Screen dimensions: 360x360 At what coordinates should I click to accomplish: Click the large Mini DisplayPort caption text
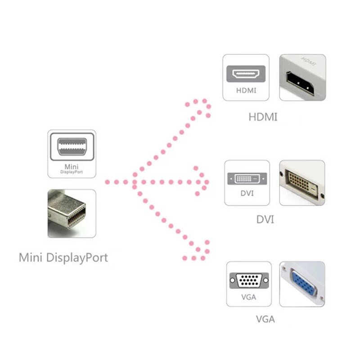pyautogui.click(x=63, y=258)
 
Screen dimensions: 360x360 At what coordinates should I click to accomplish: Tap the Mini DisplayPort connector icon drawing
pyautogui.click(x=72, y=147)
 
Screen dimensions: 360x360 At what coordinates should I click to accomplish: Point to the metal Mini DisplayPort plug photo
pyautogui.click(x=72, y=214)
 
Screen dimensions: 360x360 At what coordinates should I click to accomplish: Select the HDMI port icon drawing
pyautogui.click(x=246, y=73)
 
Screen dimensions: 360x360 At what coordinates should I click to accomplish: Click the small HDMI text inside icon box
pyautogui.click(x=246, y=90)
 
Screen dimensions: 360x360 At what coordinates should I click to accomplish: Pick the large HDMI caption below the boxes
pyautogui.click(x=263, y=117)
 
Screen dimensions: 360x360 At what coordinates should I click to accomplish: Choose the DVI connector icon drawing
pyautogui.click(x=247, y=178)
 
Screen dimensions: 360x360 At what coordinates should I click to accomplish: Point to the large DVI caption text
pyautogui.click(x=265, y=220)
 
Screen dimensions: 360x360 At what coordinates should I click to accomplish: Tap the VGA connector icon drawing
pyautogui.click(x=248, y=282)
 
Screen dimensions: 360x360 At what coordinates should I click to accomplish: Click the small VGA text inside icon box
pyautogui.click(x=248, y=297)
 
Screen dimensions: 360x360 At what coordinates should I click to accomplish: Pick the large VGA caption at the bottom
pyautogui.click(x=265, y=320)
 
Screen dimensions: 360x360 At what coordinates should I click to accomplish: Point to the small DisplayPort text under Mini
pyautogui.click(x=72, y=171)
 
